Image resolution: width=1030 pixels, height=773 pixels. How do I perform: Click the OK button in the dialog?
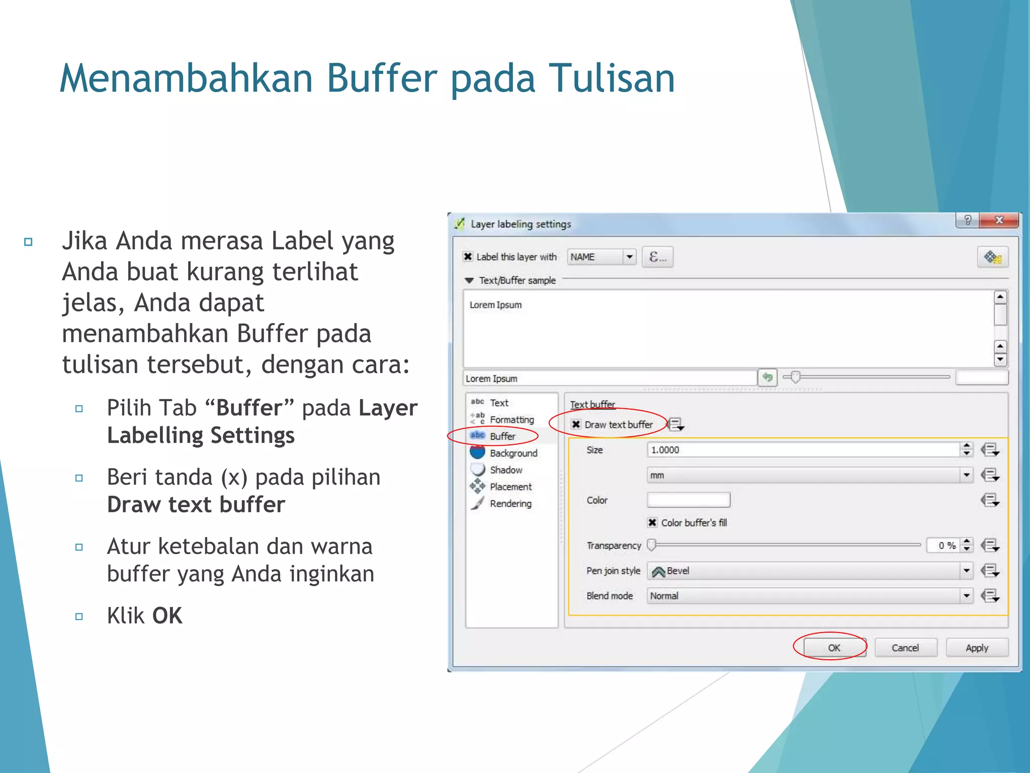pyautogui.click(x=834, y=648)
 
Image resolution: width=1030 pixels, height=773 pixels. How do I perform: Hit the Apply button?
pyautogui.click(x=977, y=648)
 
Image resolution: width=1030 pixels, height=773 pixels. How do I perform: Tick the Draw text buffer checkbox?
pyautogui.click(x=576, y=424)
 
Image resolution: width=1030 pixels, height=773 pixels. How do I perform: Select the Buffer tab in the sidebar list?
pyautogui.click(x=502, y=436)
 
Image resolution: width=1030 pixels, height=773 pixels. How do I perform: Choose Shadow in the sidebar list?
pyautogui.click(x=505, y=470)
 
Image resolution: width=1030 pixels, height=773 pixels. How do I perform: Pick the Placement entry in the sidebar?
pyautogui.click(x=510, y=487)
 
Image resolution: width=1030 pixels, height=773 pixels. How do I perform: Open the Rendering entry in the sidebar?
pyautogui.click(x=510, y=504)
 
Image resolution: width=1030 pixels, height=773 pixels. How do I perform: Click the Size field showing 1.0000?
pyautogui.click(x=803, y=450)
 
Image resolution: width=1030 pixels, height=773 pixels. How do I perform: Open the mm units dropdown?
pyautogui.click(x=809, y=475)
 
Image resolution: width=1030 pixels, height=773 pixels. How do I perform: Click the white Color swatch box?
pyautogui.click(x=688, y=500)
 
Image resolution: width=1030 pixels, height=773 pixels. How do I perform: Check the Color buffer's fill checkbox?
pyautogui.click(x=652, y=522)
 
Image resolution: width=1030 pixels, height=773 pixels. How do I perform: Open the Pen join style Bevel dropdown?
pyautogui.click(x=809, y=571)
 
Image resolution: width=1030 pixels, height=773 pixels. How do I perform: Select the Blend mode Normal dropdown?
pyautogui.click(x=809, y=596)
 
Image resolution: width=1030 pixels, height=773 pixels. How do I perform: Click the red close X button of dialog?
pyautogui.click(x=999, y=220)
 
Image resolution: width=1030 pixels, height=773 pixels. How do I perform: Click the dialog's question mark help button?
pyautogui.click(x=967, y=220)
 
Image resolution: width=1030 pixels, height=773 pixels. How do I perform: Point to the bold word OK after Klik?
pyautogui.click(x=167, y=615)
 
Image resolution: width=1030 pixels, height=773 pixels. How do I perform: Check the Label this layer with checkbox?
pyautogui.click(x=468, y=257)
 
